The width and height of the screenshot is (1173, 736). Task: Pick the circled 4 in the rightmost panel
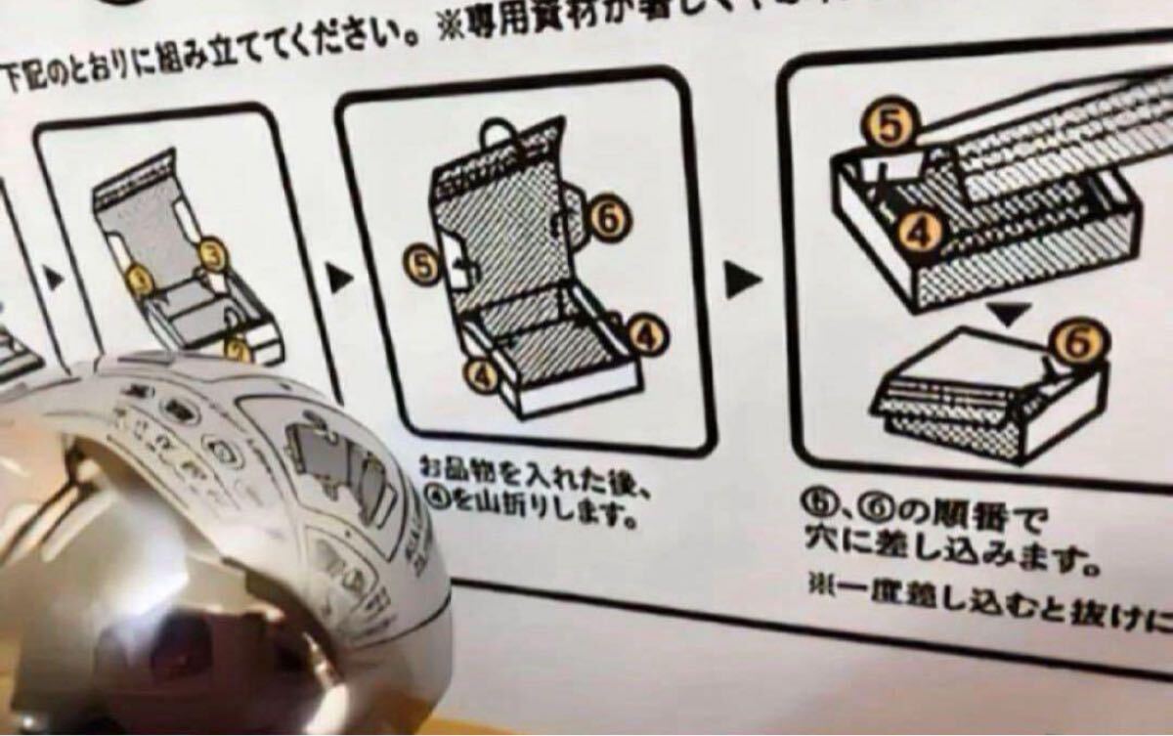point(916,230)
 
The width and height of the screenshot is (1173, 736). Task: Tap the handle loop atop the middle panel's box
point(500,135)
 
